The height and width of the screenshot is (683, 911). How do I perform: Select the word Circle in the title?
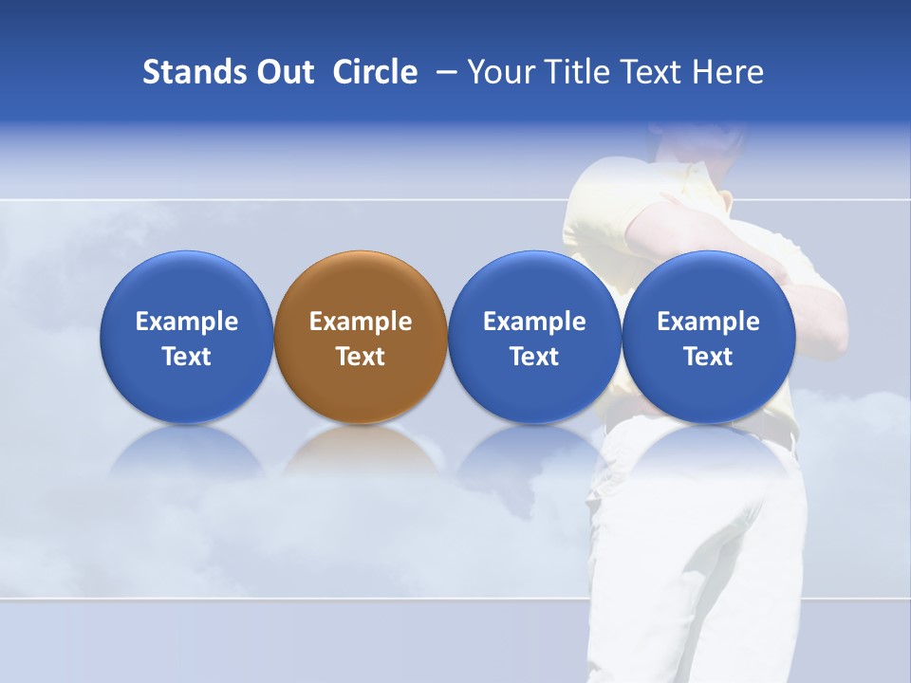coord(375,72)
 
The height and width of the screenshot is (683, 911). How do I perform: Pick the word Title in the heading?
coord(571,72)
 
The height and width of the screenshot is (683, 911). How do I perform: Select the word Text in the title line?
coord(650,72)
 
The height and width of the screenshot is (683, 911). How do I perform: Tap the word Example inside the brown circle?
coord(361,322)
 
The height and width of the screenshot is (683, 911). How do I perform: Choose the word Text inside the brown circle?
coord(361,357)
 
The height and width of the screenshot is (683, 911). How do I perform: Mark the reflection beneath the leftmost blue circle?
coord(186,450)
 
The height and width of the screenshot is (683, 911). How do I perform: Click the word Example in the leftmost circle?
coord(186,322)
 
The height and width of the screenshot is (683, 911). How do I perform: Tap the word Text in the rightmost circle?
coord(708,357)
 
